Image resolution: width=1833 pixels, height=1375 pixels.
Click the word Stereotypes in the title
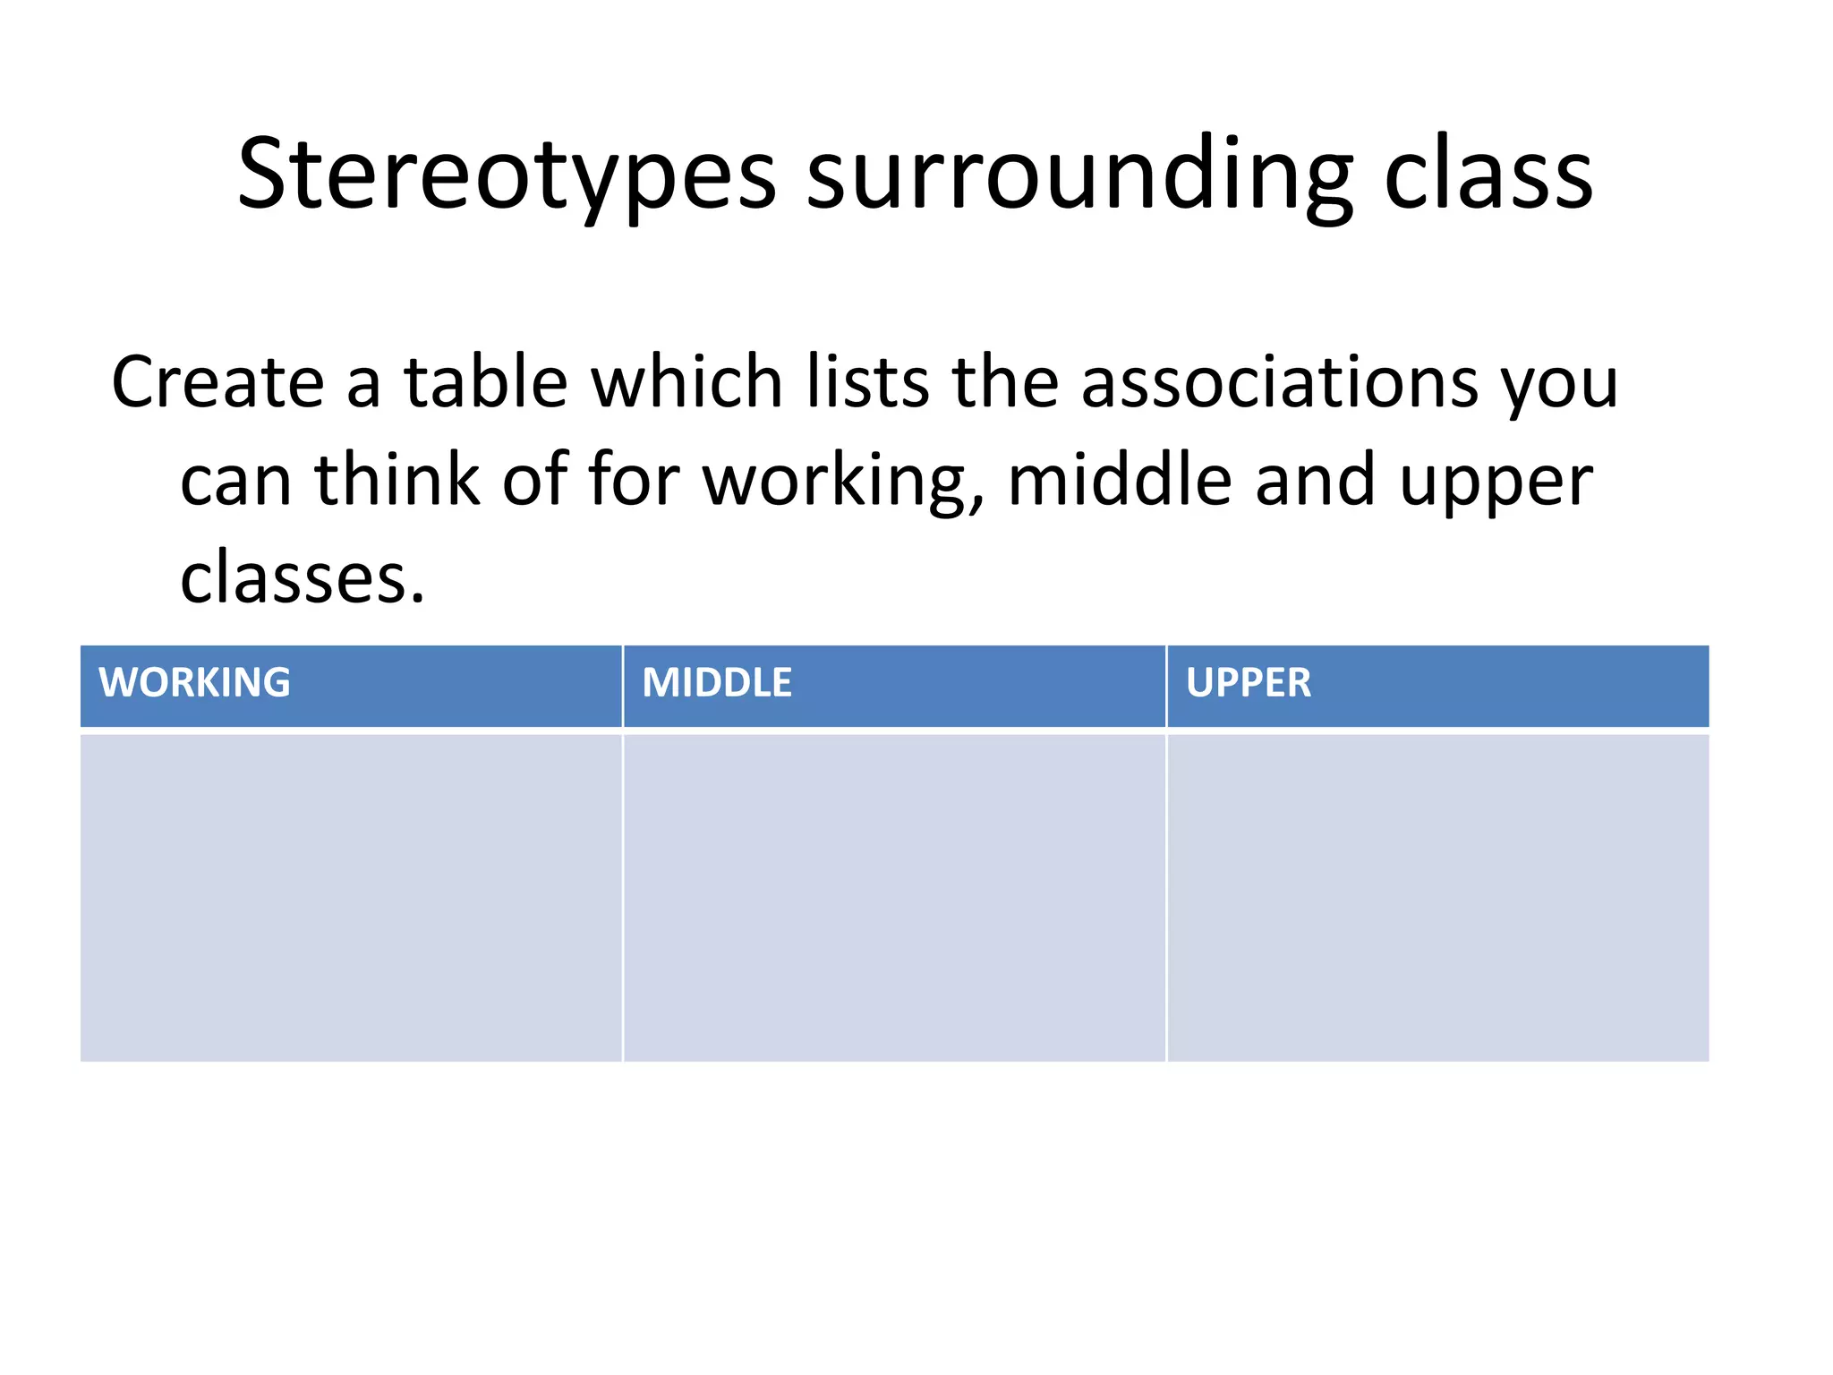point(507,174)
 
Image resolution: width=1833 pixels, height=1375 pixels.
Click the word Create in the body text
point(217,383)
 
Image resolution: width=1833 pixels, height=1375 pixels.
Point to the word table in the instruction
point(485,383)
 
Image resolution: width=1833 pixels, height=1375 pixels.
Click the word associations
point(1279,383)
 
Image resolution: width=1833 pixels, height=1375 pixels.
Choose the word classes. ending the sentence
point(303,578)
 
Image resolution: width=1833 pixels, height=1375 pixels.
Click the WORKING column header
point(194,683)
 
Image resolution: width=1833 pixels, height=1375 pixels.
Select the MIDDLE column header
point(717,683)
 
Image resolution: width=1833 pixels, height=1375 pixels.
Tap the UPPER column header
point(1248,683)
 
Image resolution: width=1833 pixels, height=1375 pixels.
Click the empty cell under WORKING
point(351,897)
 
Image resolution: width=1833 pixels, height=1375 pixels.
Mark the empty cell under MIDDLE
point(894,897)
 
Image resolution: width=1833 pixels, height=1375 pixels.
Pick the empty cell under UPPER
point(1438,897)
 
